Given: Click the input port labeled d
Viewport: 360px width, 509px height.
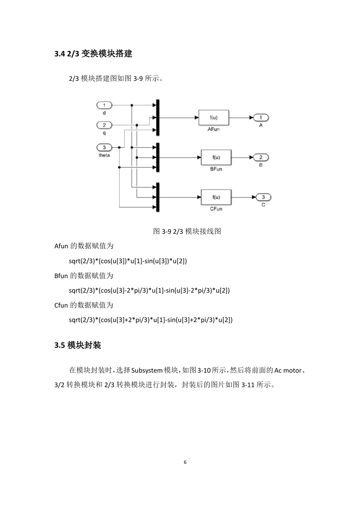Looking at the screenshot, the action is [x=104, y=105].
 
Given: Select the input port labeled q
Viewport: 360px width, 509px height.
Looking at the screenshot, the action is [x=104, y=125].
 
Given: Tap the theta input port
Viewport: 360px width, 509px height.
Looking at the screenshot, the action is [x=104, y=148].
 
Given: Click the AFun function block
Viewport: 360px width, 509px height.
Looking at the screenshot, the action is [x=213, y=118].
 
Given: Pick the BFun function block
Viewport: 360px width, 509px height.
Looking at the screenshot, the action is [x=216, y=157].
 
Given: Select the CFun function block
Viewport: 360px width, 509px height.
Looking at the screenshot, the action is [x=216, y=197].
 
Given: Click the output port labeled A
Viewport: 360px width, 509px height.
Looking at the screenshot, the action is [x=261, y=118].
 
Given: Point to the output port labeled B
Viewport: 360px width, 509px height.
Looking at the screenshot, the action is [x=261, y=157].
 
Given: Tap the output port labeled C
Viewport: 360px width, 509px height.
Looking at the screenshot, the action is [x=263, y=197].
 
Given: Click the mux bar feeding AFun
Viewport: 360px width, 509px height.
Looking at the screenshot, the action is [x=157, y=117].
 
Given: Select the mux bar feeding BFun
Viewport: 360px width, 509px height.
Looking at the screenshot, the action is [x=157, y=157].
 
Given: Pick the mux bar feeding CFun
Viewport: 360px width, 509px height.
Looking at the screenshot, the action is [x=157, y=197].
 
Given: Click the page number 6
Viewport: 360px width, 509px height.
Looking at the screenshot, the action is [x=185, y=462].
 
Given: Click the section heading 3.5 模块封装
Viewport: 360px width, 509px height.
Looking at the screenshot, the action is [x=78, y=345].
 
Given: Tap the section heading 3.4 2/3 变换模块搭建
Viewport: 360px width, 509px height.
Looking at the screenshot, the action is [x=93, y=53].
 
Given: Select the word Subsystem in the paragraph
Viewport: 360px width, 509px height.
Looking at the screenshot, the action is [x=147, y=371].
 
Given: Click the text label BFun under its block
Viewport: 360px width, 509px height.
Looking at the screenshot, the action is [x=216, y=169].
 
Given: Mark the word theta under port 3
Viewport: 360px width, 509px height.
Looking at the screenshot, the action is [x=104, y=155].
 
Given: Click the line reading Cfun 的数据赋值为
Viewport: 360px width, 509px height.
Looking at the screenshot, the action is [x=84, y=305].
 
